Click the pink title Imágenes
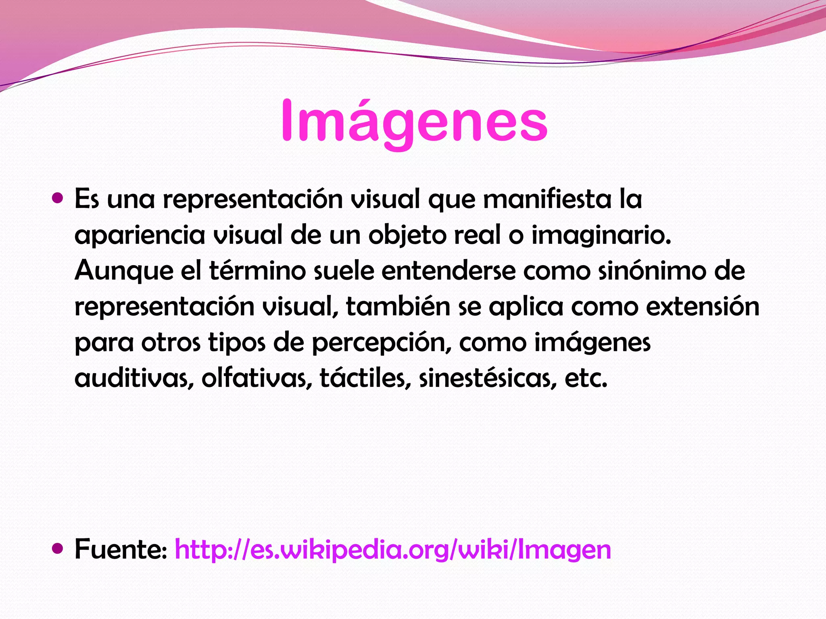[414, 121]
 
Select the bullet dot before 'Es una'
[58, 198]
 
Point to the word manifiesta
[547, 199]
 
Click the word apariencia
[140, 235]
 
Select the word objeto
[407, 235]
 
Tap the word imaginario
[601, 235]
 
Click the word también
[398, 306]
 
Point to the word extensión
[703, 306]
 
